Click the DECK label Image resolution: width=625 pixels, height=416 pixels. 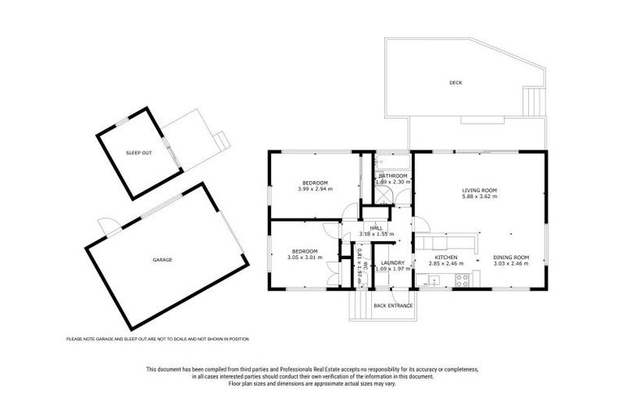click(455, 83)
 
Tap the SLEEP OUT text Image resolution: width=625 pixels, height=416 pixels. click(138, 153)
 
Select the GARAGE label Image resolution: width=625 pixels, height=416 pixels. click(162, 260)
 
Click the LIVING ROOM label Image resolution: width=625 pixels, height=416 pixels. click(479, 190)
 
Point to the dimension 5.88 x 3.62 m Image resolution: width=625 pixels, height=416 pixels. click(479, 197)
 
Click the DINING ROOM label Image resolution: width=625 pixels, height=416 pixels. click(511, 258)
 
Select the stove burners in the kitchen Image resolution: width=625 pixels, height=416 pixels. click(461, 280)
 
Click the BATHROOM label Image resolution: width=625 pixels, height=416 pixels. click(392, 175)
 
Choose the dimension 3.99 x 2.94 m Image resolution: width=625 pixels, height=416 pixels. click(315, 188)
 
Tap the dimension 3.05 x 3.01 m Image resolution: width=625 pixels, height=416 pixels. click(304, 258)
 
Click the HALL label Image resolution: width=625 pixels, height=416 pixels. click(376, 228)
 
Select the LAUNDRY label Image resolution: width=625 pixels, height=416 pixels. click(392, 262)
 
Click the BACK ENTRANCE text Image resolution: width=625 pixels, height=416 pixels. click(393, 305)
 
